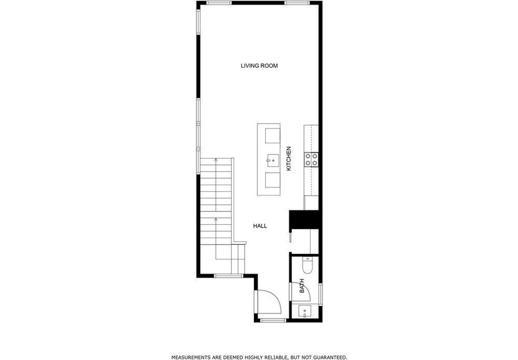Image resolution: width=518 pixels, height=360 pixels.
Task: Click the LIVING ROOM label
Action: tap(259, 66)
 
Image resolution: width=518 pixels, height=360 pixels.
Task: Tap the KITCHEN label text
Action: tap(289, 159)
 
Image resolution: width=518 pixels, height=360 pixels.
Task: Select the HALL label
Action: tap(260, 226)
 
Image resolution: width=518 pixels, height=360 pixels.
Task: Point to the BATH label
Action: tap(301, 286)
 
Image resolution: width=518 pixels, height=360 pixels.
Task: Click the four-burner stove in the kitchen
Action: tap(311, 159)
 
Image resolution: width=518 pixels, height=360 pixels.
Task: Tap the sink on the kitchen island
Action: tap(273, 161)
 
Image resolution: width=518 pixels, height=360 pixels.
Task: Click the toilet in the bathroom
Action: tap(307, 266)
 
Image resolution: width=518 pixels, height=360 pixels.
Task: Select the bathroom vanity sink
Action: tap(305, 311)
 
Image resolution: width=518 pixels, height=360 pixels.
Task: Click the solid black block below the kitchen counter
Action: tap(304, 219)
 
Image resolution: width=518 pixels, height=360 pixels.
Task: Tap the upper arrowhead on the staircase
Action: tap(215, 160)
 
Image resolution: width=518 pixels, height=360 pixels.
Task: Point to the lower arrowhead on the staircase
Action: tap(215, 219)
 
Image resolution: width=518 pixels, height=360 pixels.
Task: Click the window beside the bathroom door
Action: tap(321, 294)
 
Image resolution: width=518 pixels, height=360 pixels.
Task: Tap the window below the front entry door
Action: tap(273, 320)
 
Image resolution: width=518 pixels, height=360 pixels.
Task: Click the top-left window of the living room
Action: tap(219, 3)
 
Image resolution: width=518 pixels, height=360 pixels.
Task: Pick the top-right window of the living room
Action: tap(297, 3)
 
